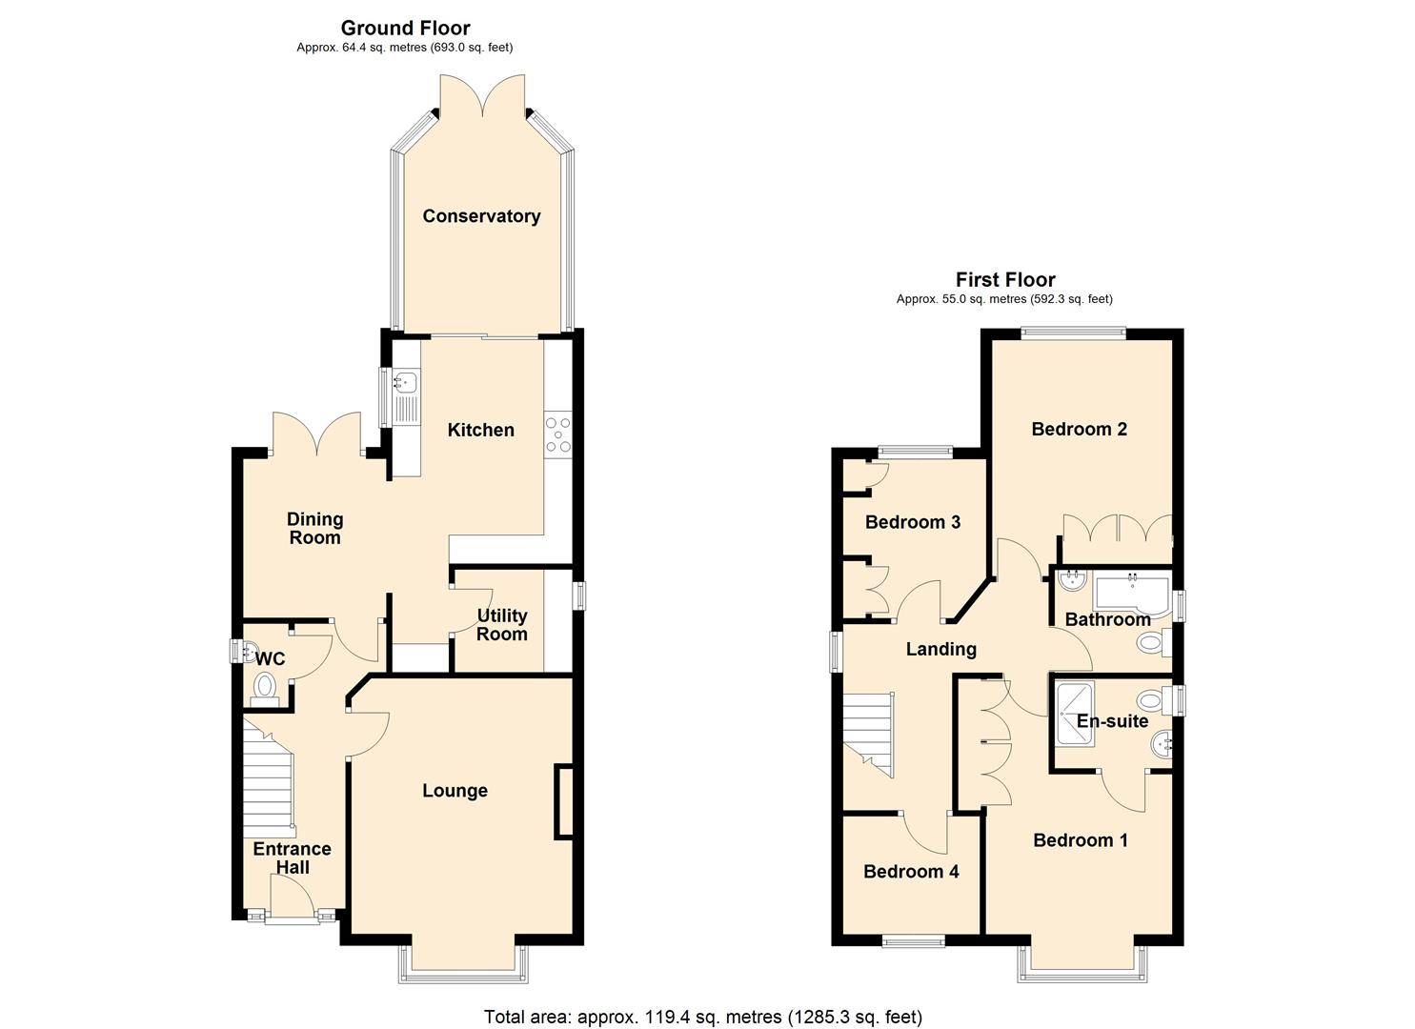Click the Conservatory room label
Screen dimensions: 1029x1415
pyautogui.click(x=481, y=216)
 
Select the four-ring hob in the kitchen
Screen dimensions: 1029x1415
pyautogui.click(x=557, y=434)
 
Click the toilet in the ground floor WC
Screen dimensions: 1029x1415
pyautogui.click(x=264, y=686)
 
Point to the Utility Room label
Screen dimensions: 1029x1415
pyautogui.click(x=501, y=625)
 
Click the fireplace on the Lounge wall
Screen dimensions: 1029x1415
pyautogui.click(x=564, y=801)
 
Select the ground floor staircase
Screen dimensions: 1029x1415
pyautogui.click(x=268, y=777)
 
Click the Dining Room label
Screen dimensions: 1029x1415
pyautogui.click(x=314, y=528)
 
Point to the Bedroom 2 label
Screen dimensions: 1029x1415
pyautogui.click(x=1079, y=429)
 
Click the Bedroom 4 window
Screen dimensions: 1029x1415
pyautogui.click(x=913, y=942)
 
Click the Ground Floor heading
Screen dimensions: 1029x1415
pyautogui.click(x=405, y=28)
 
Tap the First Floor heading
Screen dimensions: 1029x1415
pyautogui.click(x=1005, y=279)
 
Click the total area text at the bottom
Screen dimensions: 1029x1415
pyautogui.click(x=702, y=1017)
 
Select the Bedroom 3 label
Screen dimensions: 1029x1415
pyautogui.click(x=912, y=522)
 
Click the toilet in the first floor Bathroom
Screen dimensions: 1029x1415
pyautogui.click(x=1151, y=645)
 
